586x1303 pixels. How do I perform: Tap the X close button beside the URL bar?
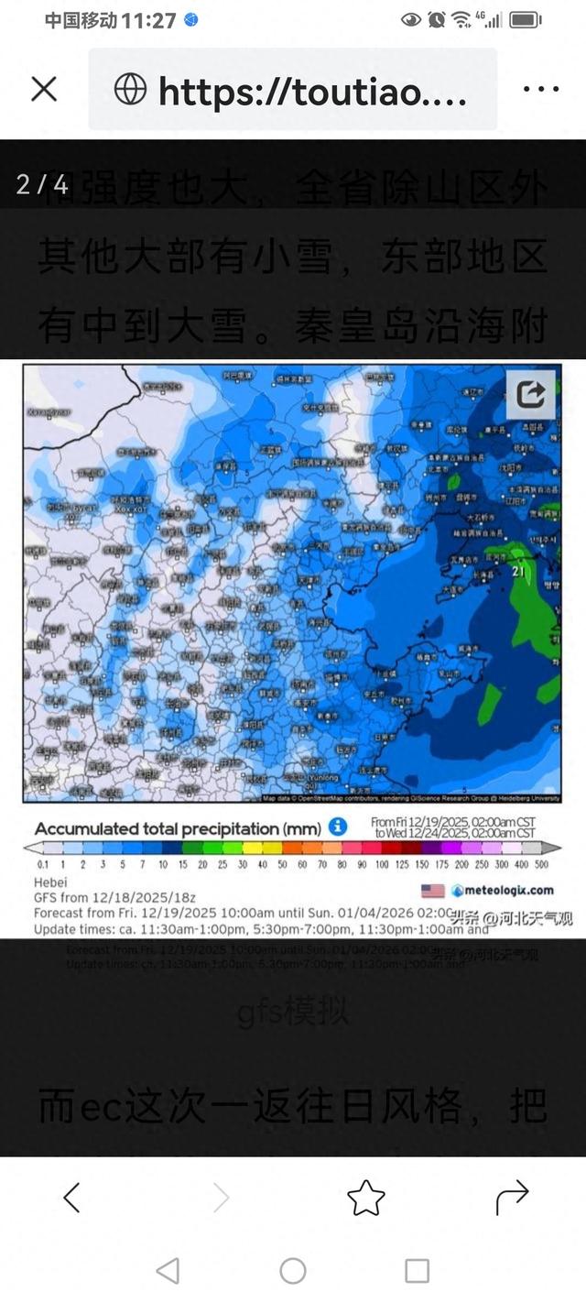pos(44,89)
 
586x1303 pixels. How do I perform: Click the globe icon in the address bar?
pos(130,89)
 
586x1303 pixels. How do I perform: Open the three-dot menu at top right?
pos(540,89)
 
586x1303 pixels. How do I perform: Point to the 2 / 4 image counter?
pos(42,184)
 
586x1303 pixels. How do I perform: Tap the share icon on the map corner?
pos(531,394)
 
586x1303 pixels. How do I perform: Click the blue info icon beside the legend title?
pos(338,827)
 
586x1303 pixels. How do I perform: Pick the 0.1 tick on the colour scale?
pos(43,864)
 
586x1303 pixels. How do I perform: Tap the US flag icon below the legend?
pos(432,891)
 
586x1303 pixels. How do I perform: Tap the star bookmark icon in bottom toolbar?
pos(365,1197)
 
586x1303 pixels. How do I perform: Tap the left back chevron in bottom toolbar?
pos(71,1197)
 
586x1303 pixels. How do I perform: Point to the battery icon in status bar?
pos(526,19)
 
